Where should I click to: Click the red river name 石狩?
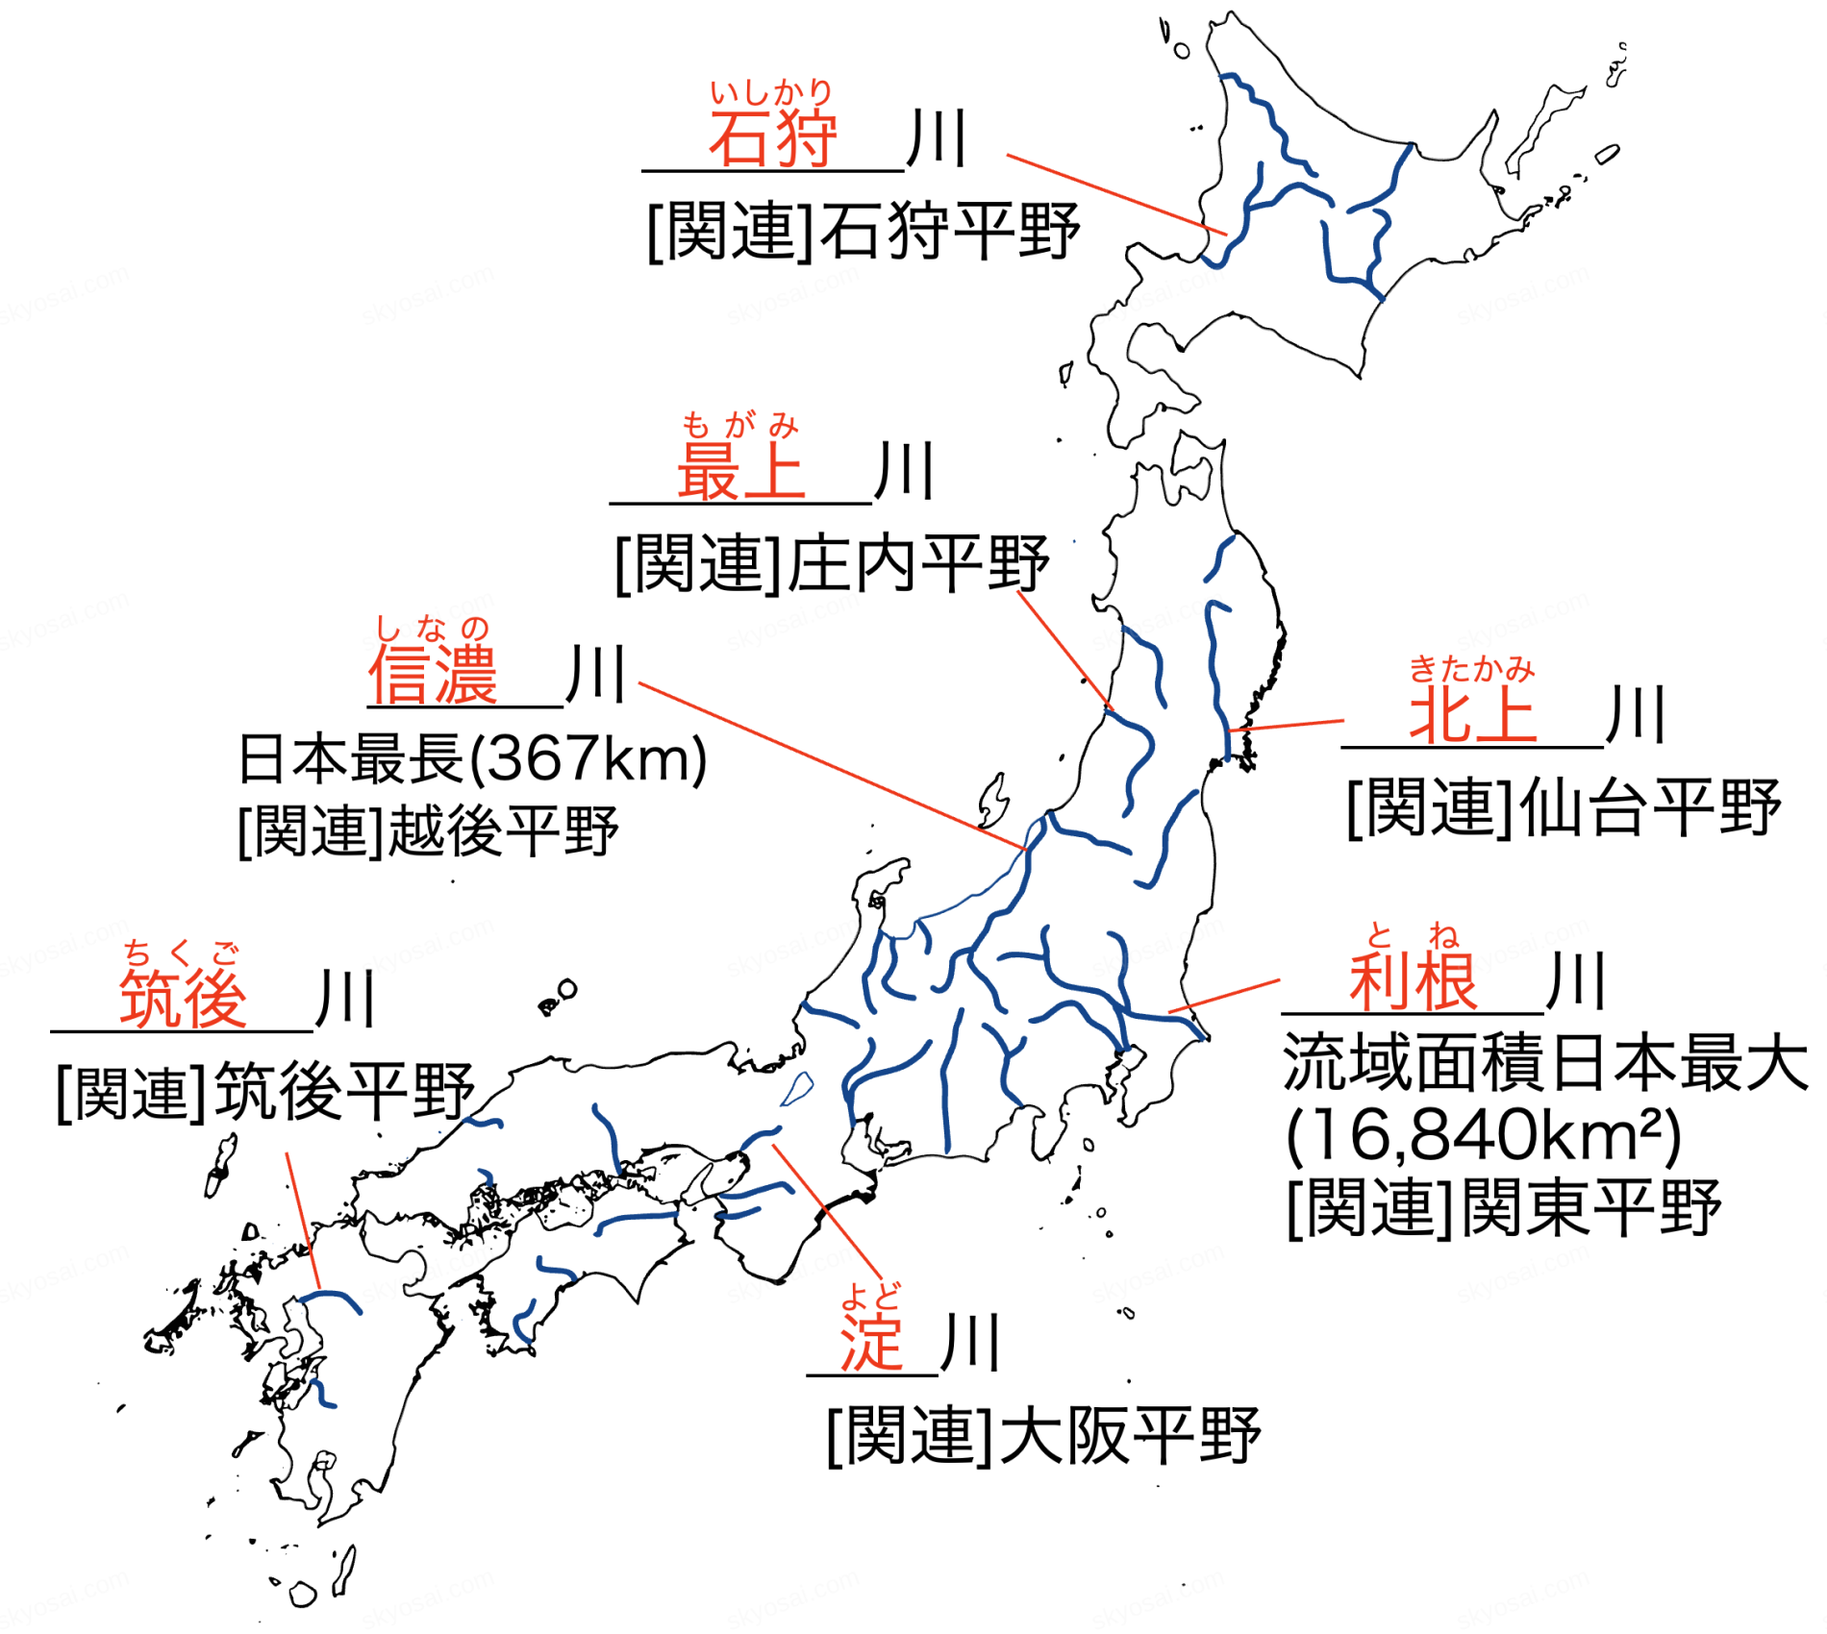(773, 139)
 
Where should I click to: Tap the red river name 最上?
(741, 471)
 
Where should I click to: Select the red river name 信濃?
(433, 675)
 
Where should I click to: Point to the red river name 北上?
(1472, 715)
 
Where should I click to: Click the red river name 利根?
(1413, 981)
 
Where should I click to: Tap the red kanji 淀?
(871, 1342)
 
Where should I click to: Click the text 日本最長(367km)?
(472, 758)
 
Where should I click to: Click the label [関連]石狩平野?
(863, 231)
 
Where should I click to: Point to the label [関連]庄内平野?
(832, 564)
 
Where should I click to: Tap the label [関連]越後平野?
(428, 830)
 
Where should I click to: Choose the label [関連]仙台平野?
(1564, 807)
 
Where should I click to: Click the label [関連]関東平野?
(1504, 1208)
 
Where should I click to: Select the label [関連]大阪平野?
(1043, 1436)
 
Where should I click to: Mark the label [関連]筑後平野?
(265, 1091)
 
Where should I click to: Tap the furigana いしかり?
(771, 92)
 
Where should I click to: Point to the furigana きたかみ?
(1471, 669)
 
